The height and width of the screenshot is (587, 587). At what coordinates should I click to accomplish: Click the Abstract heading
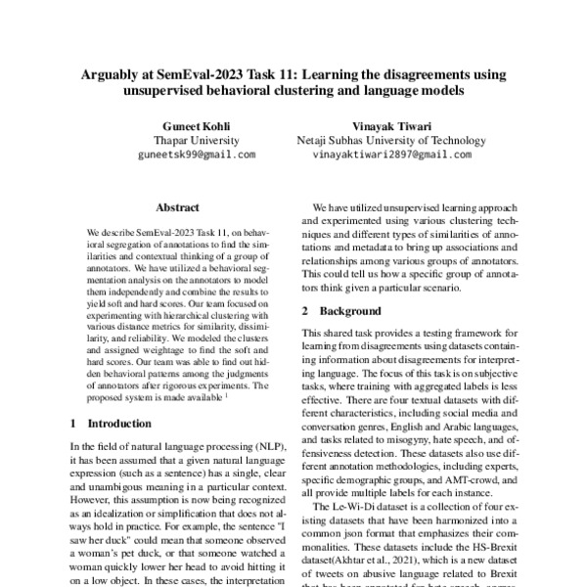coord(177,207)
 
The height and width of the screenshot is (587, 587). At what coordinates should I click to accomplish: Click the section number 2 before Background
coord(305,310)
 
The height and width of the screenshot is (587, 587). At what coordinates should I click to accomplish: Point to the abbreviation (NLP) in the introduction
coord(265,445)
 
